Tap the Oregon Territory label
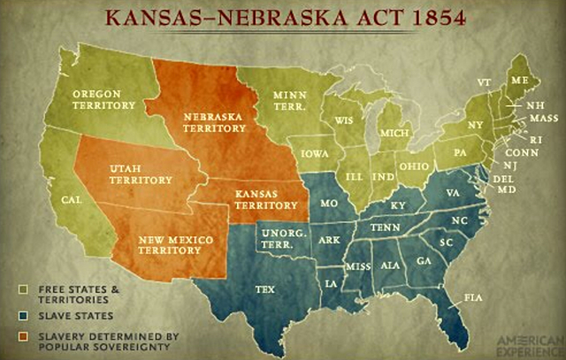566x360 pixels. point(103,99)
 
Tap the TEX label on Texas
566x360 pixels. point(265,288)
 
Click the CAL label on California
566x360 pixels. point(72,201)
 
